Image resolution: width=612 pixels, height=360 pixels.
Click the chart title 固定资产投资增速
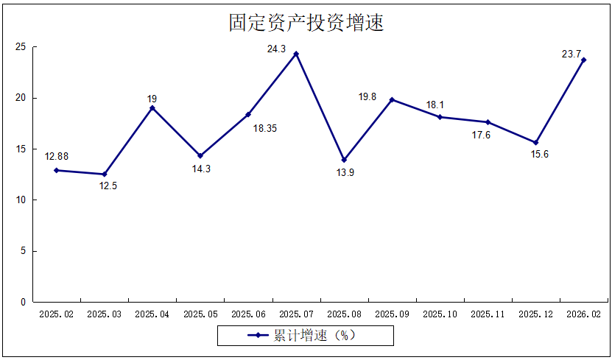coord(306,24)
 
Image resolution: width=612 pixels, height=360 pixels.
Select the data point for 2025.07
coord(296,54)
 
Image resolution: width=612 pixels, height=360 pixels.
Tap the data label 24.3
coord(277,49)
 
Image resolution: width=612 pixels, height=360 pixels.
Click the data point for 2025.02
coord(56,170)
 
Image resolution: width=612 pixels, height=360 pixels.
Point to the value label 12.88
coord(57,156)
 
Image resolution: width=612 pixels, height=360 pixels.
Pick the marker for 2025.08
coord(344,160)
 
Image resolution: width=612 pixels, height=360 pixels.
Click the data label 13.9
coord(344,173)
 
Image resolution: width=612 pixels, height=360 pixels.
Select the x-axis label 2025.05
coord(200,314)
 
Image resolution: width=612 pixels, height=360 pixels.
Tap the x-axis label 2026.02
coord(583,314)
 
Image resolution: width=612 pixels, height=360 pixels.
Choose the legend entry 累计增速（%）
coord(305,336)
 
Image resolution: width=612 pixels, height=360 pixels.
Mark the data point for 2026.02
coord(583,60)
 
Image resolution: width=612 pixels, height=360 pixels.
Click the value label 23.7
coord(571,54)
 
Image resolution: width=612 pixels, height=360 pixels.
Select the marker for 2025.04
coord(152,108)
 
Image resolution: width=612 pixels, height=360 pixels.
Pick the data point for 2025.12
coord(535,142)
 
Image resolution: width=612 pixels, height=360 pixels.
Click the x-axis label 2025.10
coord(440,314)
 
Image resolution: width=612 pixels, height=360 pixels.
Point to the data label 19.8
coord(367,96)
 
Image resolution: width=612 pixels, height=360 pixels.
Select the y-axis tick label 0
coord(23,302)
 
